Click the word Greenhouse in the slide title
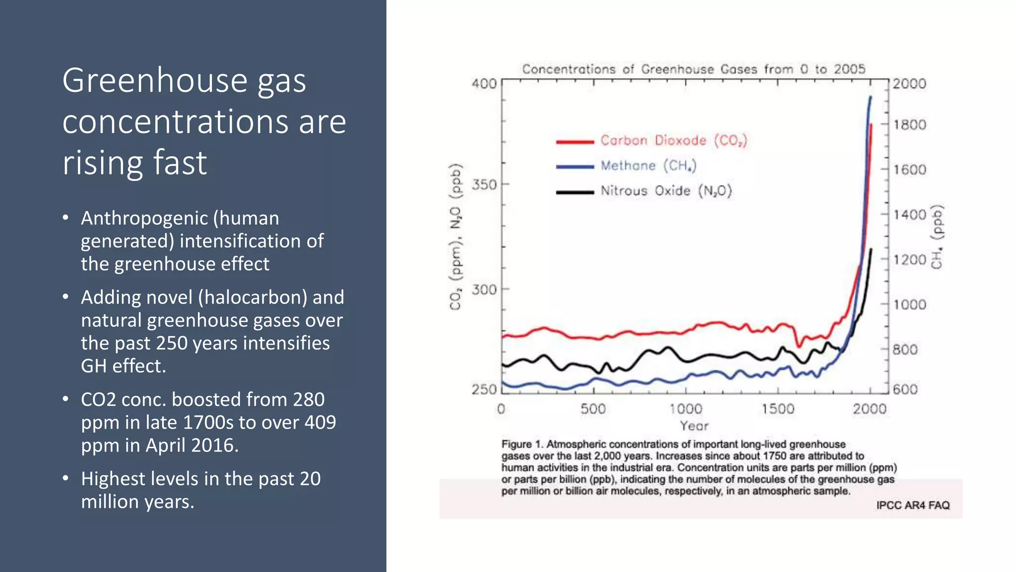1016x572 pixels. pos(154,80)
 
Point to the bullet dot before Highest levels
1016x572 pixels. pos(65,479)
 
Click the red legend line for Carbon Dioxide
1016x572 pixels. pos(574,142)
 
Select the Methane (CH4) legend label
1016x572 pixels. pos(648,166)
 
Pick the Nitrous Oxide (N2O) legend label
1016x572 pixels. pos(666,191)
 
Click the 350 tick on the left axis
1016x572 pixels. pos(484,185)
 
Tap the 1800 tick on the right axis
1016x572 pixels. pos(909,125)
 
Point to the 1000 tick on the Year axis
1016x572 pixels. pos(686,409)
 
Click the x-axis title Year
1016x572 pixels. pos(694,426)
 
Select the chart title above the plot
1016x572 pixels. pos(694,69)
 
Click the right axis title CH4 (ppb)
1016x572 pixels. pos(937,237)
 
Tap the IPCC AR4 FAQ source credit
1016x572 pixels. pos(912,505)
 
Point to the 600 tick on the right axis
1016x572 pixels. pos(905,389)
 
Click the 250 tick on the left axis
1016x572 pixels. pos(484,389)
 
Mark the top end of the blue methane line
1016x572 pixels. pos(871,97)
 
